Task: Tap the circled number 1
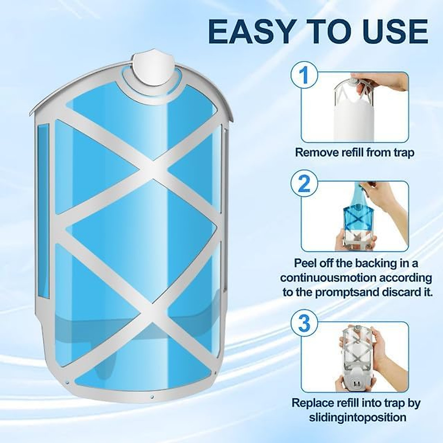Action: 304,75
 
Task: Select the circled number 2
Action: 304,183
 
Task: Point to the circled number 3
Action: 304,323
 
